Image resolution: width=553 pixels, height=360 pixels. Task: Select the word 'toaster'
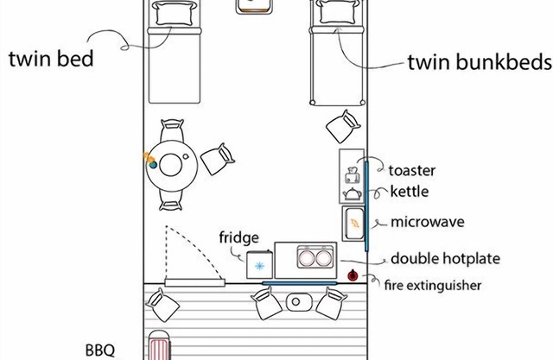411,171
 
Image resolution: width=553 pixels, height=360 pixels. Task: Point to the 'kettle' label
408,191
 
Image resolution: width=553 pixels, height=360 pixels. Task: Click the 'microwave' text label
427,222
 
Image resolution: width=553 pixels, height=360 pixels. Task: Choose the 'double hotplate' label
444,258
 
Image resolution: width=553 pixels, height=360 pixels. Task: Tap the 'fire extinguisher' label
432,284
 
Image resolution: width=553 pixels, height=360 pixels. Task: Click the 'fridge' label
238,237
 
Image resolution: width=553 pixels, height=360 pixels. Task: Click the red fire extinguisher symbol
353,276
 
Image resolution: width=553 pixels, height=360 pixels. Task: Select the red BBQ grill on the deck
161,348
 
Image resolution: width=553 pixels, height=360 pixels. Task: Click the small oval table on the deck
298,302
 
